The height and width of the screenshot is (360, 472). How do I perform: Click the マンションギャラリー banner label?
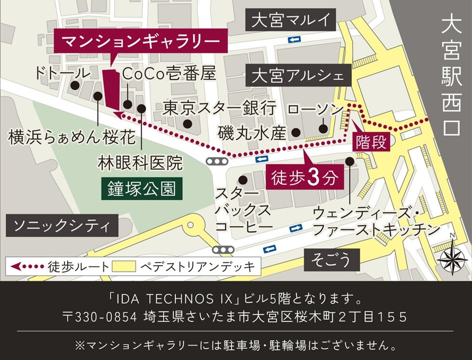pyautogui.click(x=141, y=42)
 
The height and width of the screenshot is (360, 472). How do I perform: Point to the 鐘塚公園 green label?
pyautogui.click(x=142, y=189)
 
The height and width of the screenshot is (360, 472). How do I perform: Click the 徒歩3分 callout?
pyautogui.click(x=303, y=178)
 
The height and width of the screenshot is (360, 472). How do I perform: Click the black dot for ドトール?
pyautogui.click(x=75, y=86)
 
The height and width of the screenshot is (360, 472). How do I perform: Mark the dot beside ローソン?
pyautogui.click(x=323, y=129)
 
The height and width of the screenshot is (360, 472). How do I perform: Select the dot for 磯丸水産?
pyautogui.click(x=296, y=131)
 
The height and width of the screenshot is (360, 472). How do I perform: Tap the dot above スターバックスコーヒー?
pyautogui.click(x=243, y=180)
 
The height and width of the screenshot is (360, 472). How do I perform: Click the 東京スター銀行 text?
pyautogui.click(x=219, y=107)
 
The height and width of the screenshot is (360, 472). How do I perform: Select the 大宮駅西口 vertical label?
pyautogui.click(x=452, y=77)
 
